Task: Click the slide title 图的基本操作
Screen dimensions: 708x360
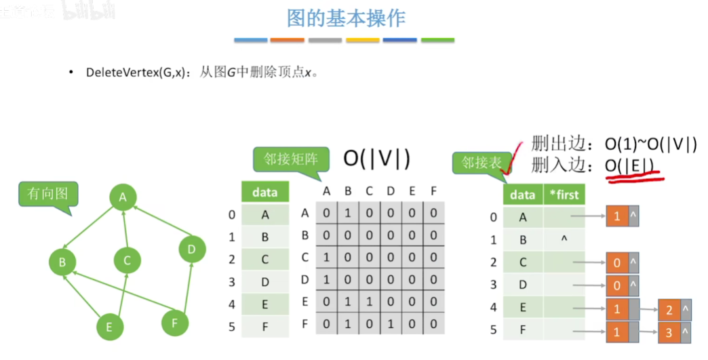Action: (346, 18)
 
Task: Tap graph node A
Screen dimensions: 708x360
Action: (123, 197)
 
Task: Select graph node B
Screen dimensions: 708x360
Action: (62, 261)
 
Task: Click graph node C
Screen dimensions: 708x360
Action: (127, 260)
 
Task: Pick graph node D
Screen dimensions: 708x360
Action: (192, 249)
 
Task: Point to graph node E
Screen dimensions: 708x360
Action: (109, 327)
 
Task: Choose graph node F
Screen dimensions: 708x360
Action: (175, 323)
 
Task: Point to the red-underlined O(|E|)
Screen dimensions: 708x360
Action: (630, 165)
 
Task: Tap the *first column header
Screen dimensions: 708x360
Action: (564, 195)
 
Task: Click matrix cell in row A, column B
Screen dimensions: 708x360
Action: (348, 214)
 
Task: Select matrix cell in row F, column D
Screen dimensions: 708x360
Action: (391, 324)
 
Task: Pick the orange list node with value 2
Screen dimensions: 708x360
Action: (669, 310)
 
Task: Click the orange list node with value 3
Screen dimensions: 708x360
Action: (669, 334)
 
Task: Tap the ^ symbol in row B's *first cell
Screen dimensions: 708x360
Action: (564, 239)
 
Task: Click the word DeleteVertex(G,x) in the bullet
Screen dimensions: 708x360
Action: (135, 73)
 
